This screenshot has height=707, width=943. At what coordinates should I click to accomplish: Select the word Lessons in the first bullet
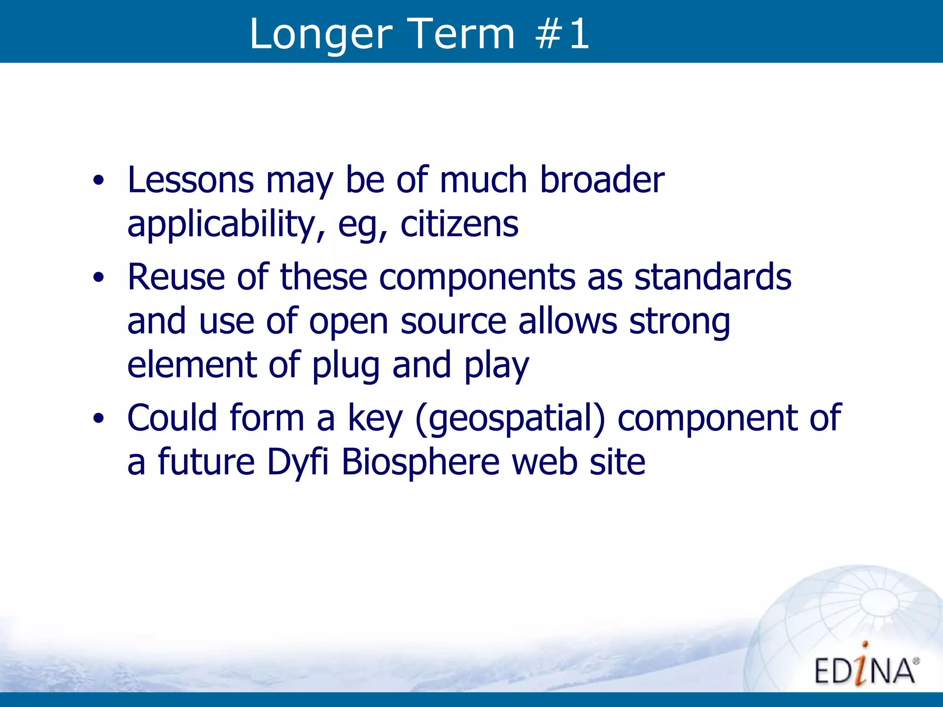(x=190, y=180)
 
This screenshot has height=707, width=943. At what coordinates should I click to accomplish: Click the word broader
(x=602, y=180)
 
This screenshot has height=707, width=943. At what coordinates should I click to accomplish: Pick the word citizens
(x=459, y=224)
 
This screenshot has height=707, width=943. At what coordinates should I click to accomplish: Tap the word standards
(x=712, y=278)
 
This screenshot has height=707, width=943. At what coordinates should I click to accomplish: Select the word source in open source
(x=453, y=322)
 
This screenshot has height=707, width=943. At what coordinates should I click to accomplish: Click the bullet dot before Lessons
(x=98, y=181)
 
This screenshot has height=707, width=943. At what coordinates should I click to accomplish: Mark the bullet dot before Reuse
(x=98, y=278)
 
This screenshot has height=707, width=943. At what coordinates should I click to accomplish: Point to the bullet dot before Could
(x=98, y=418)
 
